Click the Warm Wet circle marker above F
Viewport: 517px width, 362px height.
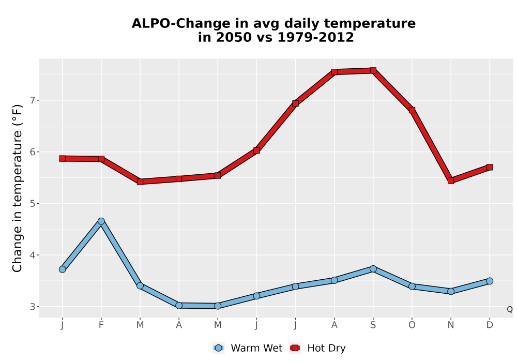pyautogui.click(x=101, y=221)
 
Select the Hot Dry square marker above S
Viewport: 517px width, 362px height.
pyautogui.click(x=373, y=70)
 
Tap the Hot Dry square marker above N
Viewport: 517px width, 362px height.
pyautogui.click(x=451, y=180)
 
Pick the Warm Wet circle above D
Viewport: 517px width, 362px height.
pyautogui.click(x=490, y=281)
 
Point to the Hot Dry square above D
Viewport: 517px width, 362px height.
pyautogui.click(x=490, y=167)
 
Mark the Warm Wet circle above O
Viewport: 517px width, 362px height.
pyautogui.click(x=412, y=286)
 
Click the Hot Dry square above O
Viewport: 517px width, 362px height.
pyautogui.click(x=412, y=110)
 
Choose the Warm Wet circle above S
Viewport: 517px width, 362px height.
pyautogui.click(x=373, y=269)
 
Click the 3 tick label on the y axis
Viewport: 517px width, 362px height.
pyautogui.click(x=32, y=307)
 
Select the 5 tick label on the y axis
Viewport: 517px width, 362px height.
pyautogui.click(x=32, y=203)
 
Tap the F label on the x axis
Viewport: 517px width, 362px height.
pyautogui.click(x=101, y=325)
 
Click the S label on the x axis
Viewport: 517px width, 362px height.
pyautogui.click(x=373, y=325)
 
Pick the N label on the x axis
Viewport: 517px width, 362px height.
pyautogui.click(x=451, y=325)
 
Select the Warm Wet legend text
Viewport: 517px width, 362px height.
pyautogui.click(x=256, y=348)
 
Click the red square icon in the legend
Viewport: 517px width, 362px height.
pyautogui.click(x=295, y=348)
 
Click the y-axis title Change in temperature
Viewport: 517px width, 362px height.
pyautogui.click(x=17, y=188)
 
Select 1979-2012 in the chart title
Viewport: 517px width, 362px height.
pyautogui.click(x=315, y=37)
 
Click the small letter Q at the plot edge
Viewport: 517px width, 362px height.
pyautogui.click(x=510, y=309)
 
